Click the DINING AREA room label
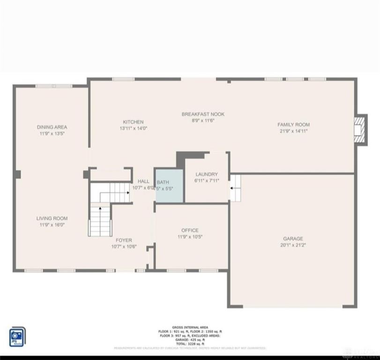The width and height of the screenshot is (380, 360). [52, 127]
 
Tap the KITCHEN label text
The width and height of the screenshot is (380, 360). [133, 122]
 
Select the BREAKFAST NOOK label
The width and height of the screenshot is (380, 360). [203, 114]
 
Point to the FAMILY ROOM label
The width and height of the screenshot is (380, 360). [293, 125]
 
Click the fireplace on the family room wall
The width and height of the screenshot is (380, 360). [359, 128]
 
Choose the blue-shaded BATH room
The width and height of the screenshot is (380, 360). [169, 186]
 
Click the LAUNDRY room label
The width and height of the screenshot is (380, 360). [207, 174]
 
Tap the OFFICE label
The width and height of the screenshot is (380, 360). [190, 230]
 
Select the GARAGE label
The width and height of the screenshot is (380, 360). [293, 239]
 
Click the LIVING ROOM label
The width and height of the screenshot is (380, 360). [52, 218]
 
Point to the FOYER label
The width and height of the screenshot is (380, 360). [124, 240]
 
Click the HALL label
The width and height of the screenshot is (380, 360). [143, 181]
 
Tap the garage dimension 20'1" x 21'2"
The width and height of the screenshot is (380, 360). [293, 245]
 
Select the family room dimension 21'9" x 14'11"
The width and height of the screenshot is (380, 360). [293, 131]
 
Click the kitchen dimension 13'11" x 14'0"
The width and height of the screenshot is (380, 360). [133, 128]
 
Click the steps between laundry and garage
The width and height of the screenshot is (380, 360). [235, 188]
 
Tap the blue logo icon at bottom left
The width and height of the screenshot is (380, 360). [17, 336]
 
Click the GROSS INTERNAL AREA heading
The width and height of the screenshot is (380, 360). [190, 327]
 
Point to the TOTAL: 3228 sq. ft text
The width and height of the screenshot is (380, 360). [190, 343]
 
